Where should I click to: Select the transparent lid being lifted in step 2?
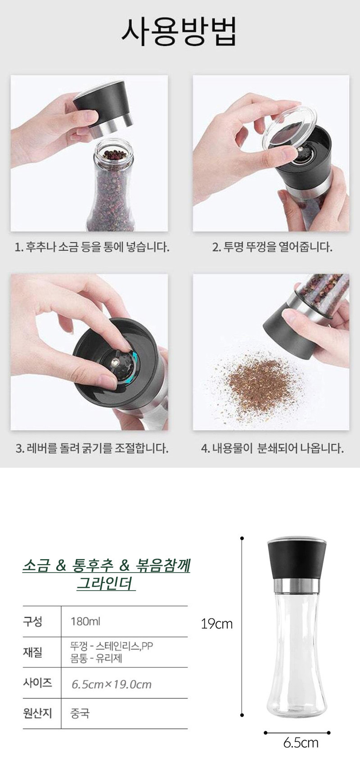coord(289,127)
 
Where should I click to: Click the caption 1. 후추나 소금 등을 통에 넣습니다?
coord(92,247)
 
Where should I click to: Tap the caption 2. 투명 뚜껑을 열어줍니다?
coord(272,247)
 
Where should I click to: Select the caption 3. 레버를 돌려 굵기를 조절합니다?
coord(92,448)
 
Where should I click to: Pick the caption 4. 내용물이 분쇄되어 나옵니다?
coord(272,448)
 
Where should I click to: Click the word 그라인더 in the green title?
coord(106,583)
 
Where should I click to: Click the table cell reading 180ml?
coord(85,621)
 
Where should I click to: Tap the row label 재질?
coord(33,652)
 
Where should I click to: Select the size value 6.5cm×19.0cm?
coord(112,684)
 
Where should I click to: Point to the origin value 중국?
coord(80,713)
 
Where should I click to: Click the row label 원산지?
coord(37,713)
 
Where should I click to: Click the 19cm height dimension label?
coord(216,624)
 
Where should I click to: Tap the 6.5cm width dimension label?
coord(301,742)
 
